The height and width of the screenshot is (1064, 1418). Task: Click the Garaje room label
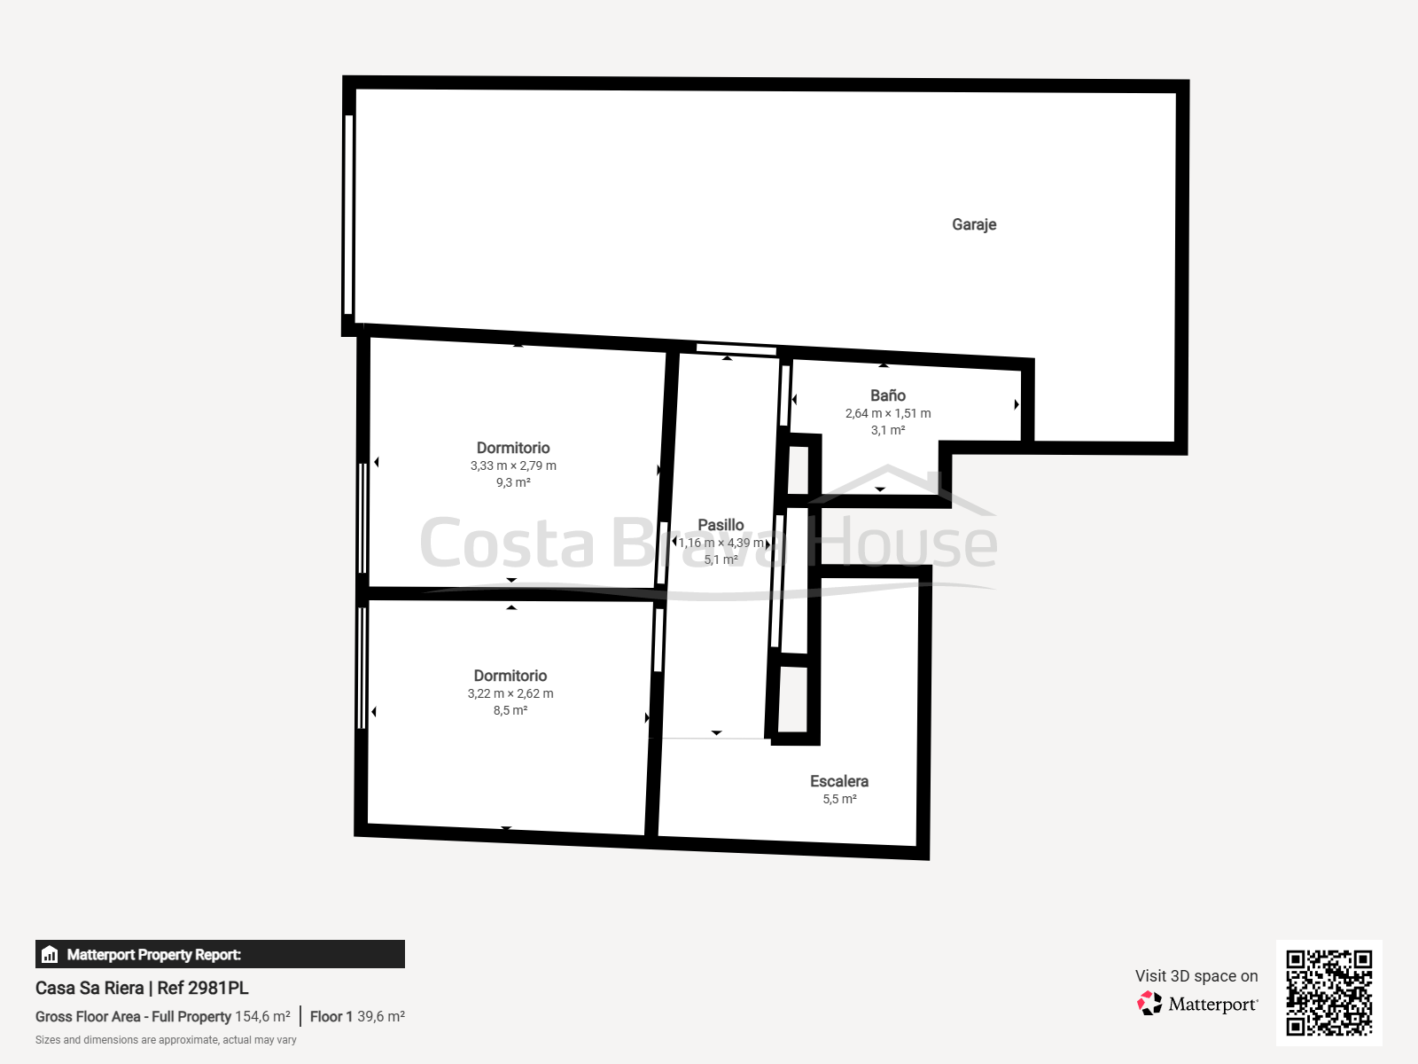tap(973, 225)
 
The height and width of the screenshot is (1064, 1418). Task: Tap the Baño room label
tap(888, 395)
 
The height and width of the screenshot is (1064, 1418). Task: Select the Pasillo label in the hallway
tap(721, 525)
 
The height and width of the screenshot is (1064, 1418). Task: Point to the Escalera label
tap(839, 781)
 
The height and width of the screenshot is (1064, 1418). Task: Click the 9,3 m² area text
tap(513, 482)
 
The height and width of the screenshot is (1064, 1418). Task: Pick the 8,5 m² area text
tap(510, 710)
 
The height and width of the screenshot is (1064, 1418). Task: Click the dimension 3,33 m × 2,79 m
tap(513, 465)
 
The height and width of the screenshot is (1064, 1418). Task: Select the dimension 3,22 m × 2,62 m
tap(510, 694)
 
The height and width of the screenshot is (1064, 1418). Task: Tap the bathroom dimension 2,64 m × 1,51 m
tap(888, 413)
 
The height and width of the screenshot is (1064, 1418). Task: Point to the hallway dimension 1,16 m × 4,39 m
tap(721, 543)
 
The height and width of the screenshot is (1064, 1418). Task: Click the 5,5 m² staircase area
tap(839, 799)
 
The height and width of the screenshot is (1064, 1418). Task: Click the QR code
tap(1328, 993)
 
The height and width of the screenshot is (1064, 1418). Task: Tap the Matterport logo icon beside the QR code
tap(1149, 1004)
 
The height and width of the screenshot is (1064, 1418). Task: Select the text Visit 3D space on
tap(1196, 976)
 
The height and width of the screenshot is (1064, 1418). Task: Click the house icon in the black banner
tap(50, 954)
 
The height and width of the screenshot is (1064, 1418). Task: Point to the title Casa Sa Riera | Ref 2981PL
tap(142, 988)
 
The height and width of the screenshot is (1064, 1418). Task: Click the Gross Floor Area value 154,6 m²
tap(262, 1016)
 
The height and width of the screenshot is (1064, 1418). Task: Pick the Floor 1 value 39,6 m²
tap(381, 1016)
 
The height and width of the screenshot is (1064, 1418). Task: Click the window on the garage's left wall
tap(349, 215)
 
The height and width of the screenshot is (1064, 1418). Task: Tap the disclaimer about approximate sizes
tap(166, 1040)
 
